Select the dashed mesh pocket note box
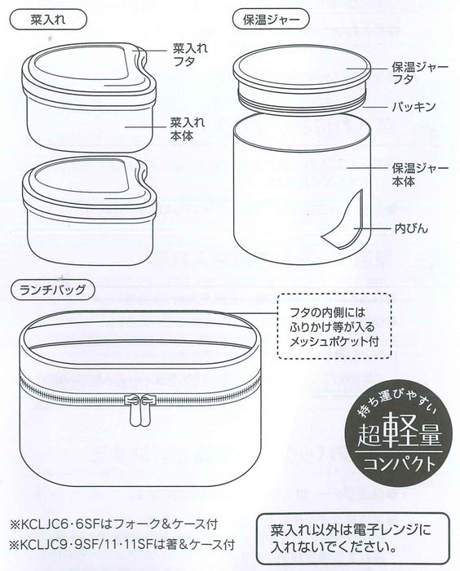click(334, 325)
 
